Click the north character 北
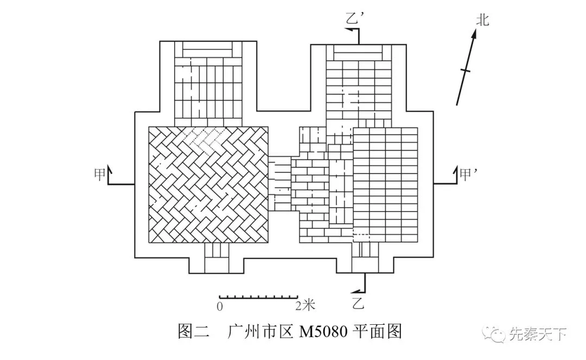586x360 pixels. (x=482, y=21)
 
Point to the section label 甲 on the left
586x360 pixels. (x=100, y=174)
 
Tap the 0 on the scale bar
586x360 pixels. (x=220, y=306)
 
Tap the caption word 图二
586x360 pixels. (x=193, y=331)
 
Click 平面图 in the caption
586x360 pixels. (x=378, y=331)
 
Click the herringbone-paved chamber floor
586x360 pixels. (x=209, y=184)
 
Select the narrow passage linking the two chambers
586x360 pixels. (x=280, y=184)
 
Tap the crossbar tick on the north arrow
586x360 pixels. (x=465, y=70)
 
